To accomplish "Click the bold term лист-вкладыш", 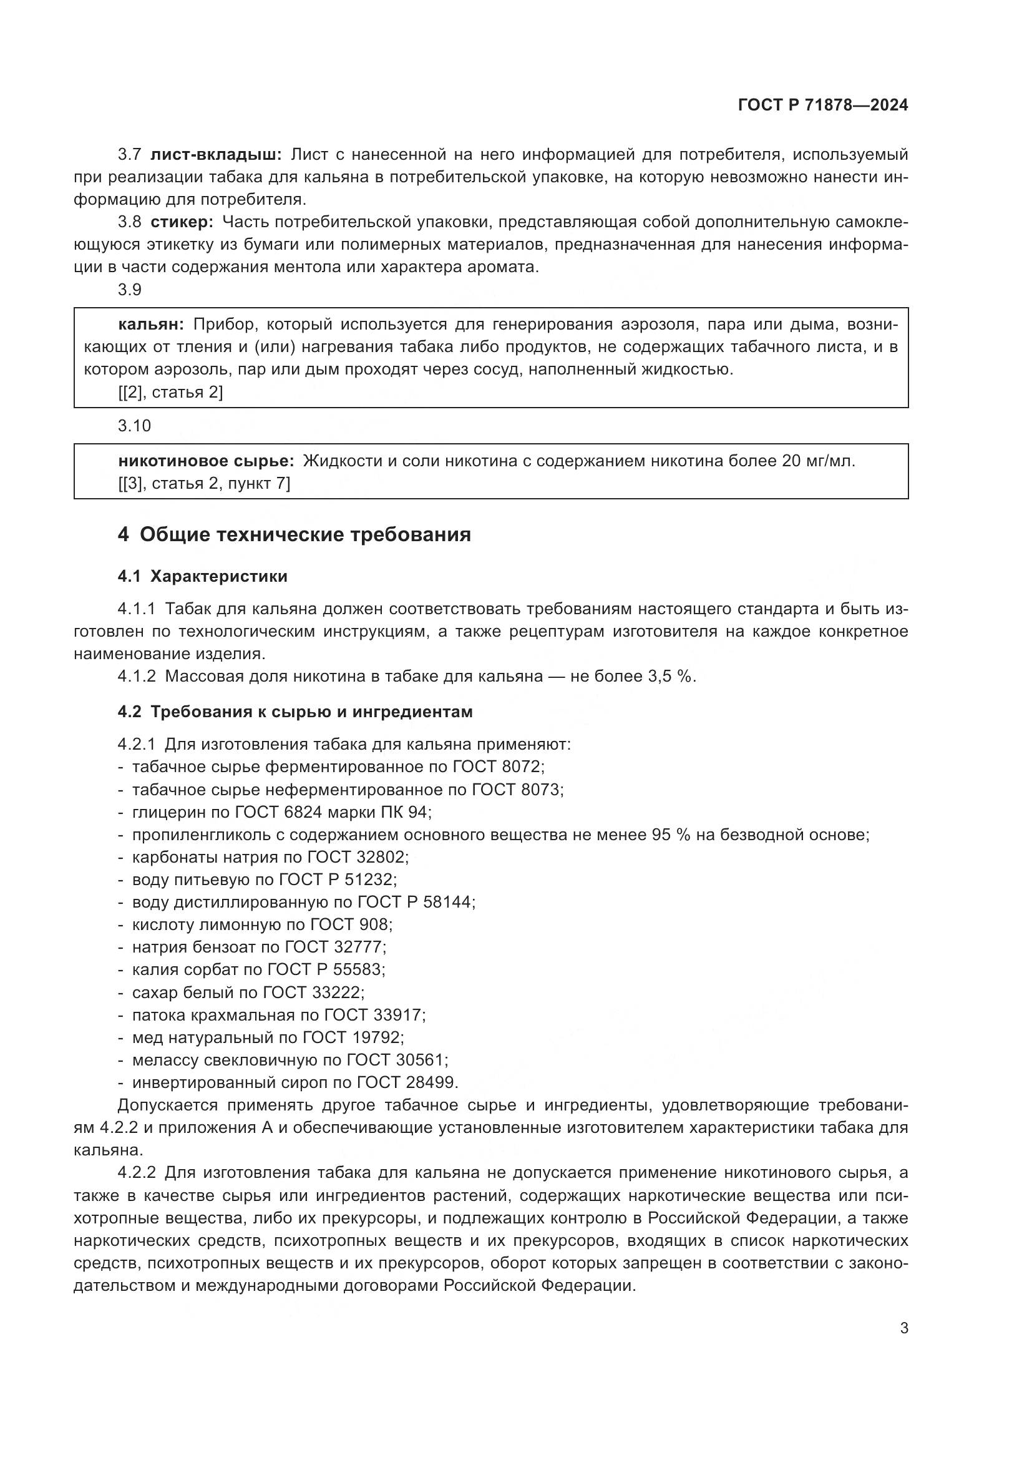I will (216, 155).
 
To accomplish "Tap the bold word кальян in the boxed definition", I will (150, 325).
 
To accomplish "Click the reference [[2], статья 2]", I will (170, 393).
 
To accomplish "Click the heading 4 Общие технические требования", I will (294, 535).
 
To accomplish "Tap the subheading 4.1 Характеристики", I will (202, 577).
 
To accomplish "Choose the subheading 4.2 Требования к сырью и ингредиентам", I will (295, 712).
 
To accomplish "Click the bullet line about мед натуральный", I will (268, 1038).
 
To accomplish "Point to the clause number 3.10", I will (134, 426).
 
